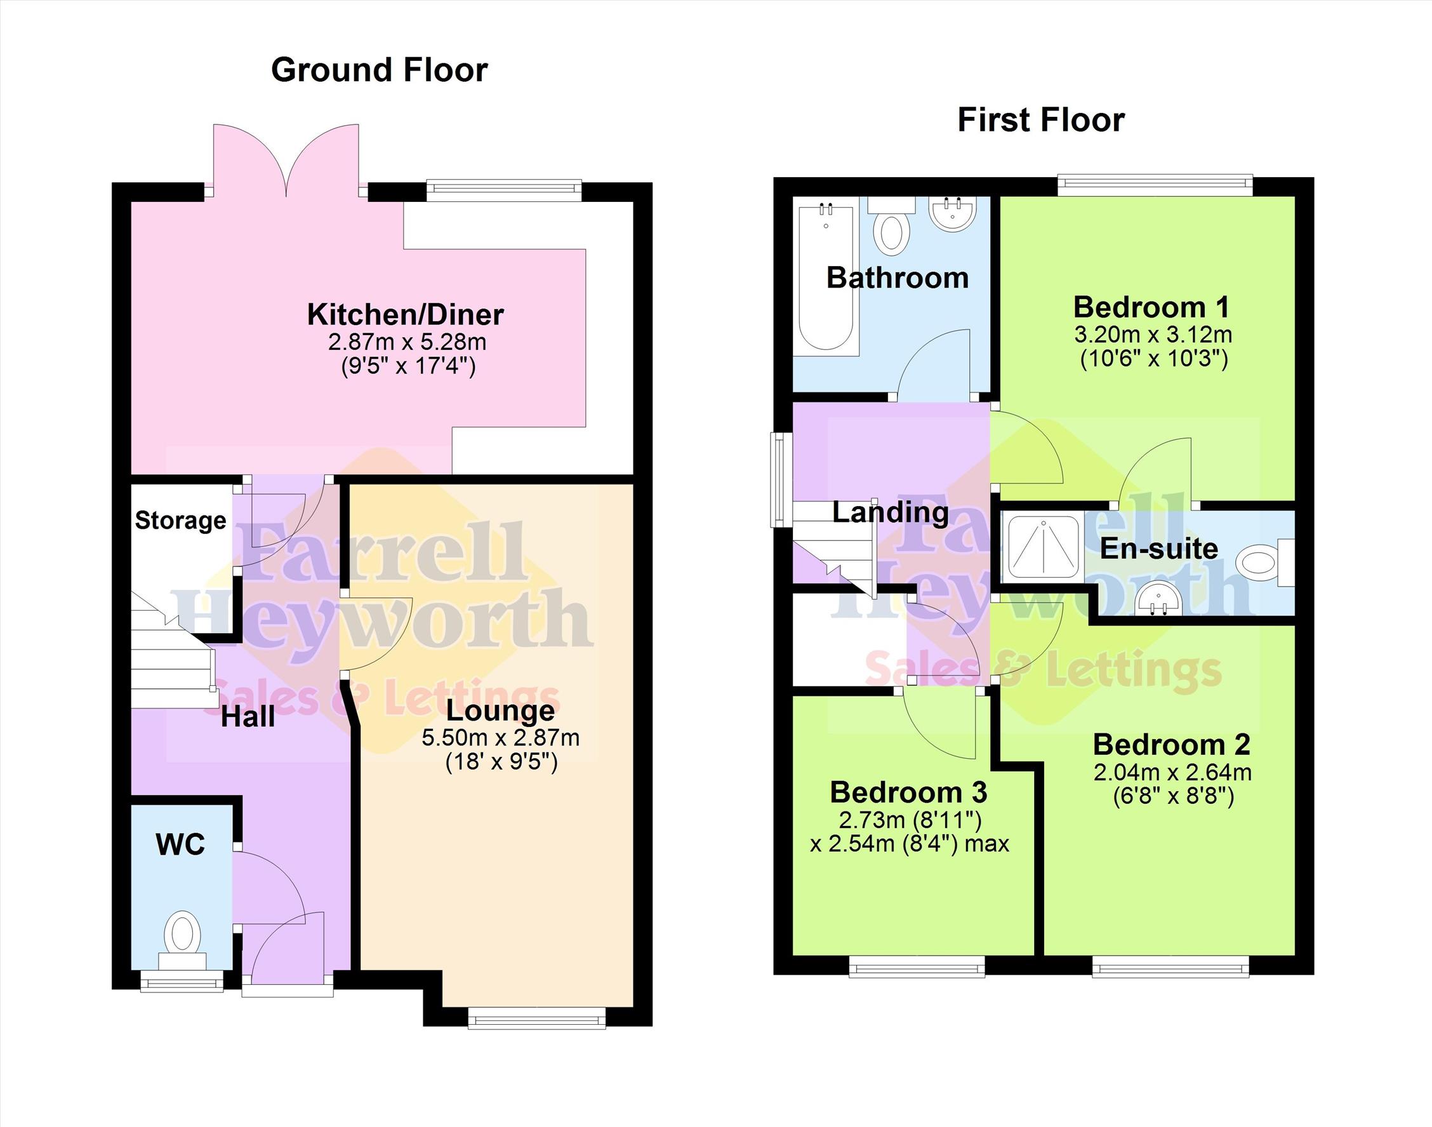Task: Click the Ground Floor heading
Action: [x=380, y=70]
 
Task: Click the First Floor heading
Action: [x=1041, y=120]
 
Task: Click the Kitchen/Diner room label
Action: [x=406, y=314]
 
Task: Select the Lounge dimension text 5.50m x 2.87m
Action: [x=501, y=738]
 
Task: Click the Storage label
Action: [x=181, y=521]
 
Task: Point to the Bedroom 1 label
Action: [x=1151, y=307]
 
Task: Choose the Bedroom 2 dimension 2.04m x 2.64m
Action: [x=1172, y=772]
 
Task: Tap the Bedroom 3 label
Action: [x=908, y=792]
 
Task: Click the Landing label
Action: [x=891, y=512]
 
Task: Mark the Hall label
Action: [x=248, y=717]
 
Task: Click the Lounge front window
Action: [x=536, y=1017]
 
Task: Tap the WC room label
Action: [x=181, y=844]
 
